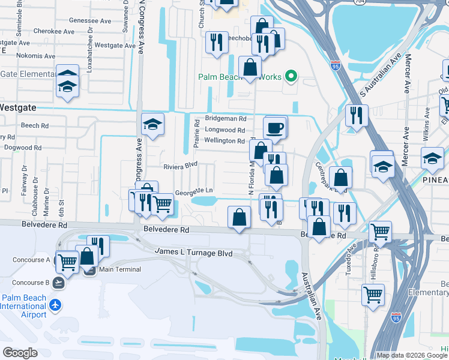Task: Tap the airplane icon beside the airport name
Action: (x=56, y=305)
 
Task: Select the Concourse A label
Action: (x=31, y=260)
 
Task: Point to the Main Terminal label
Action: (x=115, y=269)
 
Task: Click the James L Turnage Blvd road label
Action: (x=193, y=253)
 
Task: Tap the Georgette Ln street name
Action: (x=194, y=193)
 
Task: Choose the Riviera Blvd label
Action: (x=181, y=165)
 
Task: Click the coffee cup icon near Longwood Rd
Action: (x=275, y=127)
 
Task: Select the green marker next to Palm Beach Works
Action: (x=291, y=76)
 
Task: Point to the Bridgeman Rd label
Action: (x=226, y=119)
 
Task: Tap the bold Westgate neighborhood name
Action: (x=18, y=107)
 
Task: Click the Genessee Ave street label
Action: (x=90, y=20)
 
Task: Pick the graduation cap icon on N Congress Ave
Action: (x=152, y=124)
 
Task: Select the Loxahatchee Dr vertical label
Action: (x=89, y=57)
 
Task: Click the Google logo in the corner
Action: (x=20, y=352)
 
